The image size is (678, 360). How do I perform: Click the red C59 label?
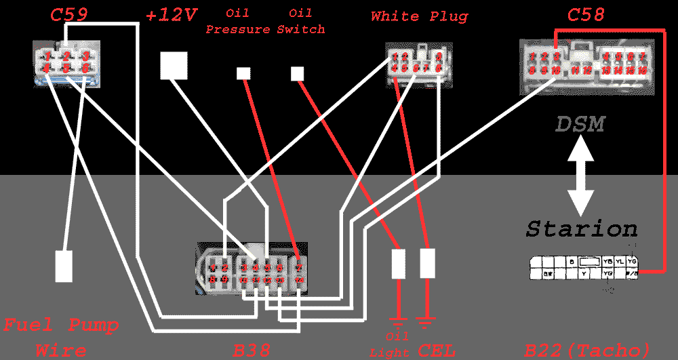click(x=69, y=14)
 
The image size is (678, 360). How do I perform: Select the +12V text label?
click(x=172, y=15)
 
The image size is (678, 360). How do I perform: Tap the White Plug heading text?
click(x=419, y=16)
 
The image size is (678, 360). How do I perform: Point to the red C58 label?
click(x=585, y=14)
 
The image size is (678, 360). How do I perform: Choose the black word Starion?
click(x=582, y=228)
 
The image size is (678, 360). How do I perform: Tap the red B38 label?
click(x=252, y=351)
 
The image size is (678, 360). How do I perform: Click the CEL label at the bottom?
click(x=437, y=351)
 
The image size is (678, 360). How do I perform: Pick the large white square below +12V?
click(x=174, y=66)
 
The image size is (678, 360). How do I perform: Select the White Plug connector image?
click(x=418, y=65)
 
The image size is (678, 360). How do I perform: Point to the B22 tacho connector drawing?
click(x=583, y=268)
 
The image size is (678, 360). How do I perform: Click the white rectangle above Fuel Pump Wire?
click(x=64, y=266)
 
